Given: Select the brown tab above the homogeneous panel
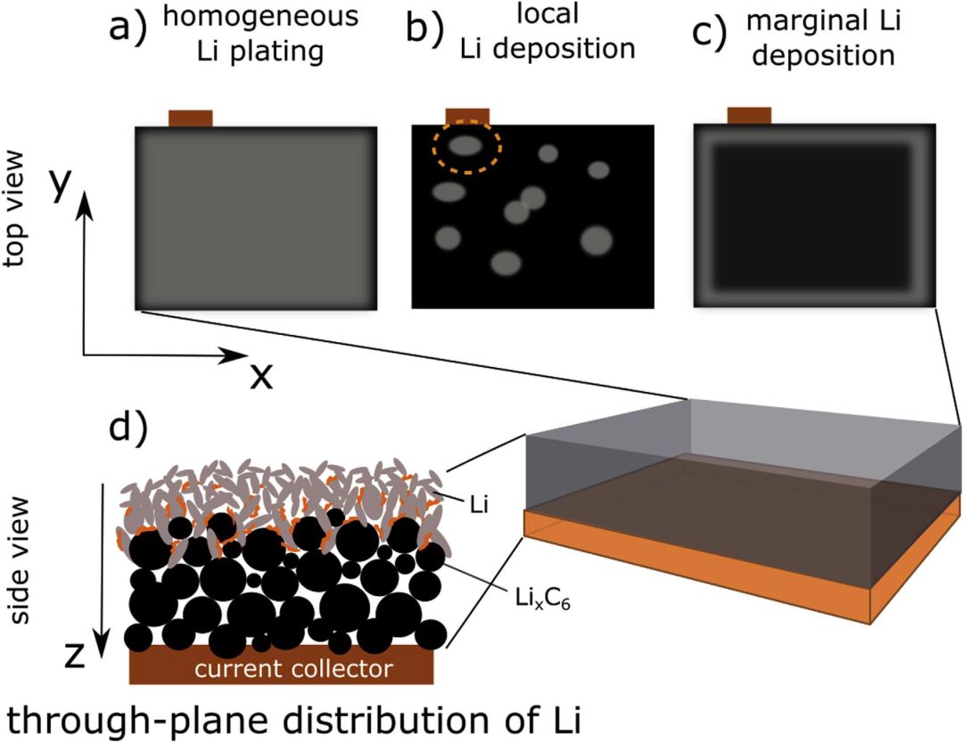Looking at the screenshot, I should coord(191,118).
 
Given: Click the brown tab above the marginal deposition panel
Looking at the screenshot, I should coord(750,115).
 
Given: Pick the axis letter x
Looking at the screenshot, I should coord(260,378).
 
